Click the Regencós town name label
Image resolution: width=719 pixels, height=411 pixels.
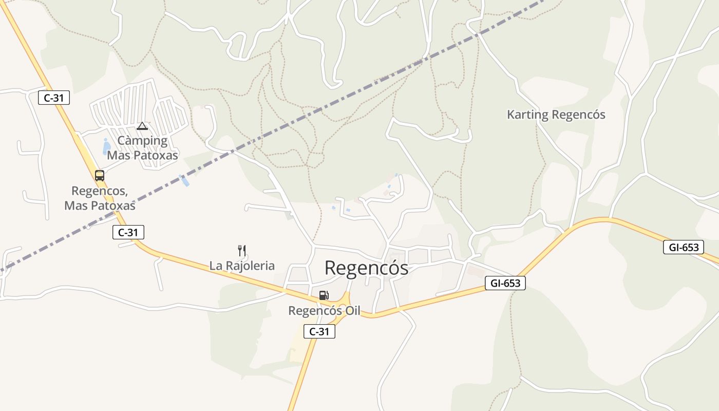pos(366,268)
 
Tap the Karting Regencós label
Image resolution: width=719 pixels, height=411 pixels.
pos(556,115)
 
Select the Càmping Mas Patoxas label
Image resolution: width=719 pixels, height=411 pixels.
pos(142,148)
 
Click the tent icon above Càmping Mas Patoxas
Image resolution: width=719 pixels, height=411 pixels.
pos(142,126)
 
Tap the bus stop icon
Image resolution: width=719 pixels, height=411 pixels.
pos(100,176)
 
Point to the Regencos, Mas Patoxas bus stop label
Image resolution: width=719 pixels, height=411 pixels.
pos(100,198)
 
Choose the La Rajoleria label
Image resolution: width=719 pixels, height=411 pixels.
pos(242,266)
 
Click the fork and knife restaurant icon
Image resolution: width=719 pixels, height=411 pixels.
pos(242,251)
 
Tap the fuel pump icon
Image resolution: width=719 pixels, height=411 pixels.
pos(324,295)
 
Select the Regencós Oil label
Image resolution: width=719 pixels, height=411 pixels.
pos(324,311)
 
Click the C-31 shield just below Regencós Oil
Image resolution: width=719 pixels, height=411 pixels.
pos(319,332)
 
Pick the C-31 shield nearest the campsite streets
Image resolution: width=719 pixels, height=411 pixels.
pos(54,98)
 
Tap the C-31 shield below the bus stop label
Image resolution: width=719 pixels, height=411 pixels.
pos(128,232)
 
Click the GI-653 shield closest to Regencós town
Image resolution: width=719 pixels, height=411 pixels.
pos(505,283)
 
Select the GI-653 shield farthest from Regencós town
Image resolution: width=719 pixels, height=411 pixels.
pos(683,247)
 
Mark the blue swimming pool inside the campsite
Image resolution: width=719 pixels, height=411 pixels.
pos(107,147)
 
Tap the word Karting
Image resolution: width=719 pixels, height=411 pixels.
pos(527,115)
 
